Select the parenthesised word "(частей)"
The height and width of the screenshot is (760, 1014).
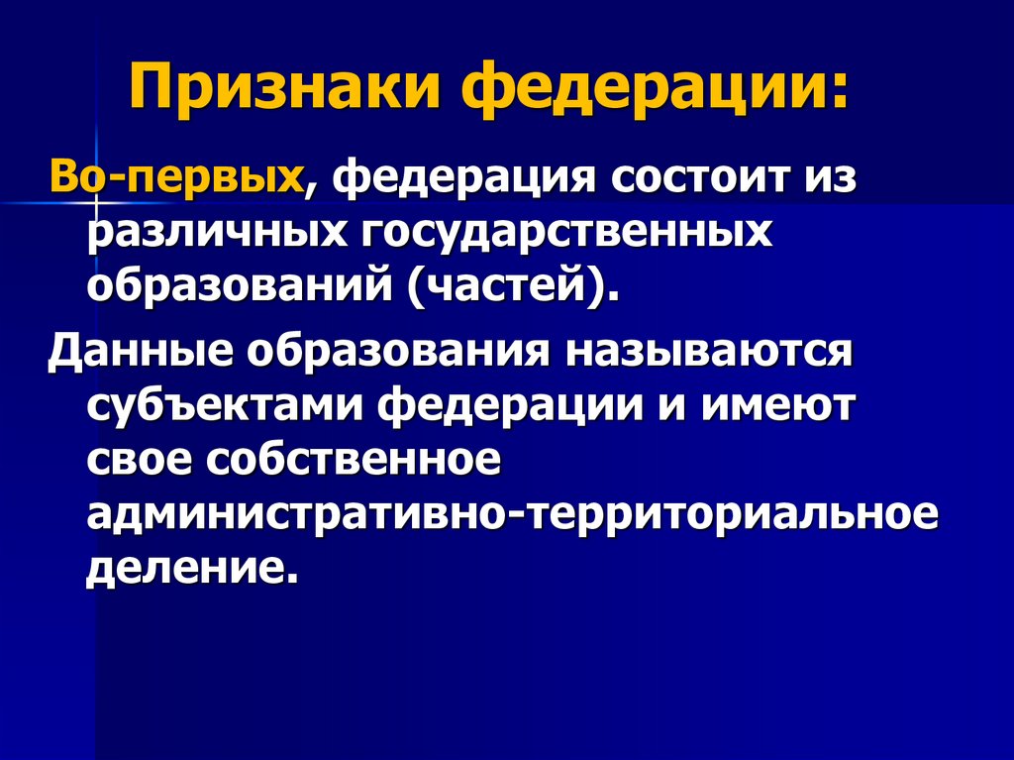[x=515, y=287]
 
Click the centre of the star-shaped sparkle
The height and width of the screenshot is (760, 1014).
[x=96, y=202]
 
